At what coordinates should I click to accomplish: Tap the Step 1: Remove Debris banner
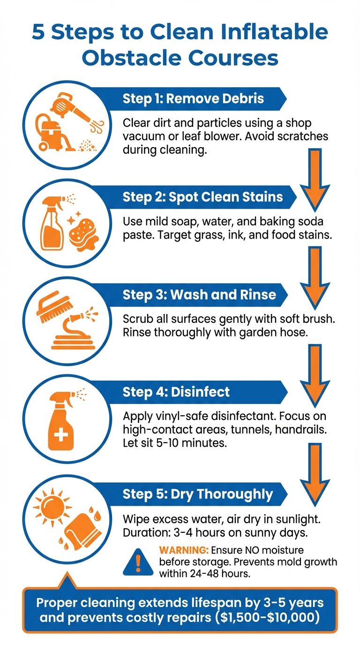[193, 99]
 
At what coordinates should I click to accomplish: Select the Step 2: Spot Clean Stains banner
[202, 196]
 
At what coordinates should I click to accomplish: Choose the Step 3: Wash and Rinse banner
[199, 295]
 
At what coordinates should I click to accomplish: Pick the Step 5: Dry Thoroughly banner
[197, 494]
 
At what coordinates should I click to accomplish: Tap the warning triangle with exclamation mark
[138, 561]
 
